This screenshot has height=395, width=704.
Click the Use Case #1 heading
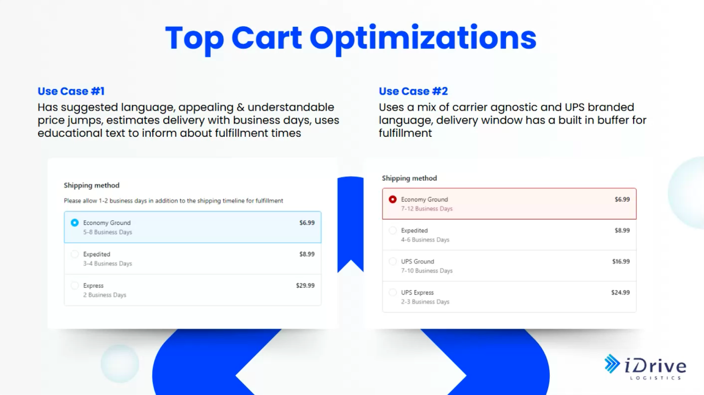[71, 91]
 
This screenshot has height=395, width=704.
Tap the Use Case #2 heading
[413, 91]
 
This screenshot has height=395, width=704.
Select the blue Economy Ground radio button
[74, 223]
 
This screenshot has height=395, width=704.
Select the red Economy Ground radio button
[392, 199]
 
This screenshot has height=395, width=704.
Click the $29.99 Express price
[305, 285]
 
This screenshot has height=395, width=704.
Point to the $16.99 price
[621, 262]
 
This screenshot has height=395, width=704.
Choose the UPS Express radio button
[392, 292]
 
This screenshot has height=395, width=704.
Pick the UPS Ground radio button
[392, 261]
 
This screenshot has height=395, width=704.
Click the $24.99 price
[620, 292]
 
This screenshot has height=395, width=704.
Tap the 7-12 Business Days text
[427, 209]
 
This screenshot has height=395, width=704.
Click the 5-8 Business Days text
[107, 232]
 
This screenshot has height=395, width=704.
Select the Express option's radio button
[74, 285]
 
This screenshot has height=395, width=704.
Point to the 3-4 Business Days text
[107, 263]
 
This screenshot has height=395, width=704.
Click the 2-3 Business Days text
[425, 302]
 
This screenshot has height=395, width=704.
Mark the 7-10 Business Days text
[427, 271]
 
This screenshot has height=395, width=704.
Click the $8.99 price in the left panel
[307, 254]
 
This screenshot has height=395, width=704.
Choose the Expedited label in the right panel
[414, 230]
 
